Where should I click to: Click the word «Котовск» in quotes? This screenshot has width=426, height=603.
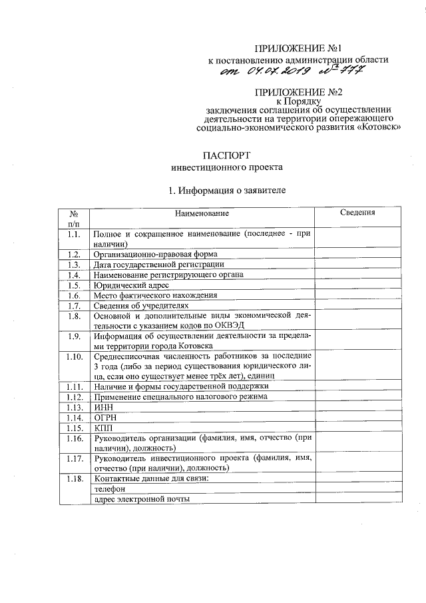tap(377, 127)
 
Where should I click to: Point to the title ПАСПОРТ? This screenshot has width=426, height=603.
tap(226, 155)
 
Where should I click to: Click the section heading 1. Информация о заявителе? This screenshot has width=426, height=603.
tap(227, 191)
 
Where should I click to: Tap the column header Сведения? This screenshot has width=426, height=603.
tap(357, 213)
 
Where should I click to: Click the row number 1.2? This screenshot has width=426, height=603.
tap(74, 254)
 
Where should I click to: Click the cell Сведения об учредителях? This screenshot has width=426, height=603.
tap(136, 305)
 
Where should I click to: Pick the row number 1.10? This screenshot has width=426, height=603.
tap(74, 356)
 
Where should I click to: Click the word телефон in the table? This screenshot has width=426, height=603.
tap(110, 489)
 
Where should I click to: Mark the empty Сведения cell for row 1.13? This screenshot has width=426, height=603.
tap(357, 406)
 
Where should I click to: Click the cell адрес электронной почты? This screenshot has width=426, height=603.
tap(142, 499)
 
